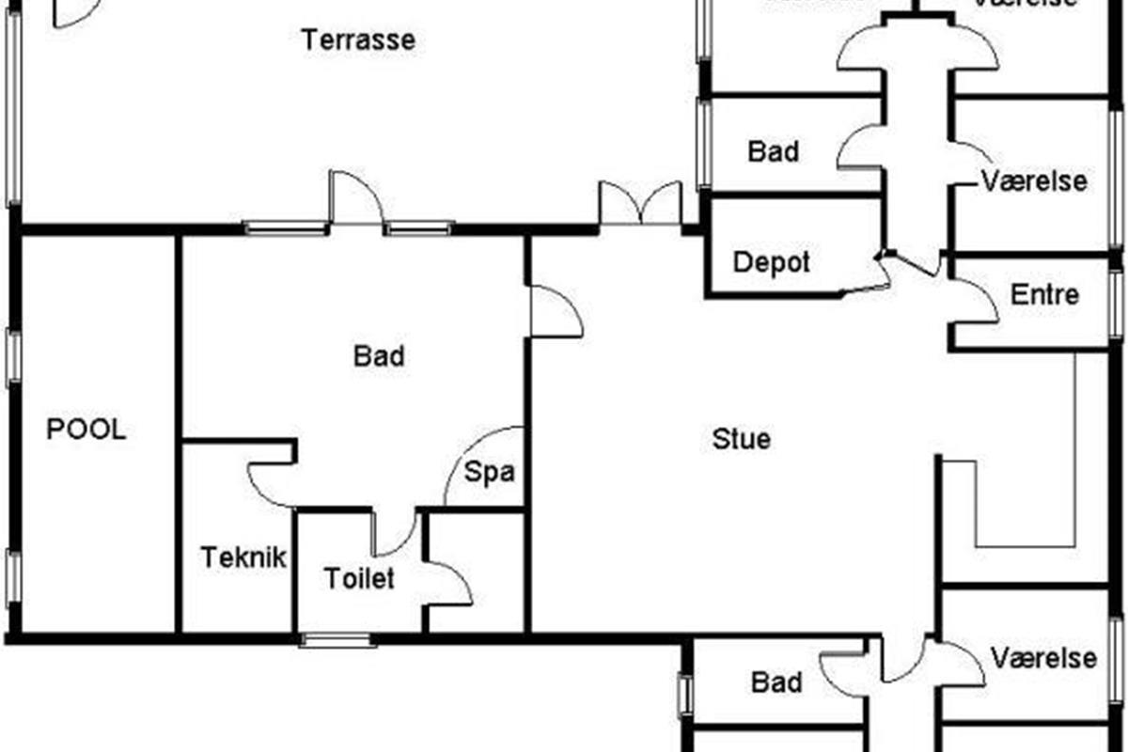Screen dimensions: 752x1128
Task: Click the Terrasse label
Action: click(x=358, y=40)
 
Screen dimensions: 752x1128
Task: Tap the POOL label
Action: click(x=86, y=430)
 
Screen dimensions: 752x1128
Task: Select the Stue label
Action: click(x=742, y=438)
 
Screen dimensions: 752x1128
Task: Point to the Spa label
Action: click(x=491, y=472)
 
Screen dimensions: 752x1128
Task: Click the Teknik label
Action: click(x=243, y=557)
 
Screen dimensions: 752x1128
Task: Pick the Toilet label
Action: click(x=359, y=578)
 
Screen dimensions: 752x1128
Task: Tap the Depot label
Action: click(x=771, y=262)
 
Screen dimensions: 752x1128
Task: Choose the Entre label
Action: click(x=1044, y=294)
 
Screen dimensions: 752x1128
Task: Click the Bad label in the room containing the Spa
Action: click(x=379, y=356)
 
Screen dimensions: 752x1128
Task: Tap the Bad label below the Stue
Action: click(x=777, y=681)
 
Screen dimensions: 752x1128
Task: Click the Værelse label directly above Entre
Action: click(x=1034, y=180)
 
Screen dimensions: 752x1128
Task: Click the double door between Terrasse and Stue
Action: click(x=640, y=204)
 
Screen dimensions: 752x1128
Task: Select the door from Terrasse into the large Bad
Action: click(x=355, y=200)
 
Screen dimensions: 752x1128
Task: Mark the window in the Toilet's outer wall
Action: click(x=337, y=641)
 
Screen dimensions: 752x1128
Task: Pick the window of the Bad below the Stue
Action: click(x=684, y=697)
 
